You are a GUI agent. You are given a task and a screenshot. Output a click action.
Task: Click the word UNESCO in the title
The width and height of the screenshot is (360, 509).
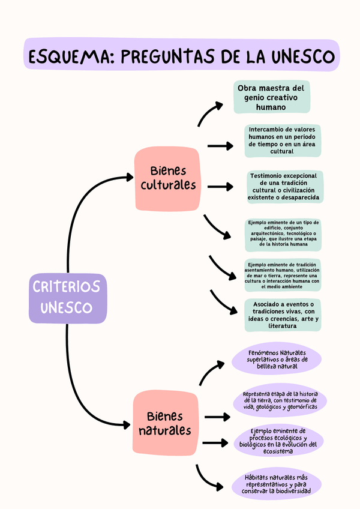click(x=298, y=56)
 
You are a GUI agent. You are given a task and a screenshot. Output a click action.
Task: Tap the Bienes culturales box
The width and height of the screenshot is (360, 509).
click(x=167, y=178)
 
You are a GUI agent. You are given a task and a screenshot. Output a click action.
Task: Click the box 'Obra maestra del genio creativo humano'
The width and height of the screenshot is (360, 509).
click(x=271, y=97)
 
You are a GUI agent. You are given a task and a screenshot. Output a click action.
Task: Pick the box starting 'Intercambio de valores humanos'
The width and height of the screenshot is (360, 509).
click(x=282, y=140)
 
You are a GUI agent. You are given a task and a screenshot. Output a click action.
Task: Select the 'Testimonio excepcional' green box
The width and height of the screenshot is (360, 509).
click(x=284, y=187)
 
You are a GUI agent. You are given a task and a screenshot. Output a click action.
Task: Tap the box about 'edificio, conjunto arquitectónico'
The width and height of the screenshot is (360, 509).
click(x=283, y=233)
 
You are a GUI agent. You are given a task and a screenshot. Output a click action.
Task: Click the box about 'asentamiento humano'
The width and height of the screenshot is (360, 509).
click(x=283, y=275)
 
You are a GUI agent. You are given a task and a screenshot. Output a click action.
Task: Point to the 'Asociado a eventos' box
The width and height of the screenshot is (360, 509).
click(x=283, y=315)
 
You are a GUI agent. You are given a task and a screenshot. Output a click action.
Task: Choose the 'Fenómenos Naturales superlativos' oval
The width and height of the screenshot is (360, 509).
click(x=277, y=360)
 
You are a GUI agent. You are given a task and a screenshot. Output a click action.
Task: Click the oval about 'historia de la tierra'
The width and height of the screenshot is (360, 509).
click(x=281, y=400)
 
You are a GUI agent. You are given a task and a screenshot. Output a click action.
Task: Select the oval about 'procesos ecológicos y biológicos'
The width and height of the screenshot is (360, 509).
click(x=278, y=441)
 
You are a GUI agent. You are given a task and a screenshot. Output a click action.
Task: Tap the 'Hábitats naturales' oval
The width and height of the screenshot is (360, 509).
click(x=277, y=483)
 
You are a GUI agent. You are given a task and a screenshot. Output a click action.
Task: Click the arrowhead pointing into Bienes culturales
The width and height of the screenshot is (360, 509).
click(x=129, y=177)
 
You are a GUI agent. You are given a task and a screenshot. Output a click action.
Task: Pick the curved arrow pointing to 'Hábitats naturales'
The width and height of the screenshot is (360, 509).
click(x=210, y=478)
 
